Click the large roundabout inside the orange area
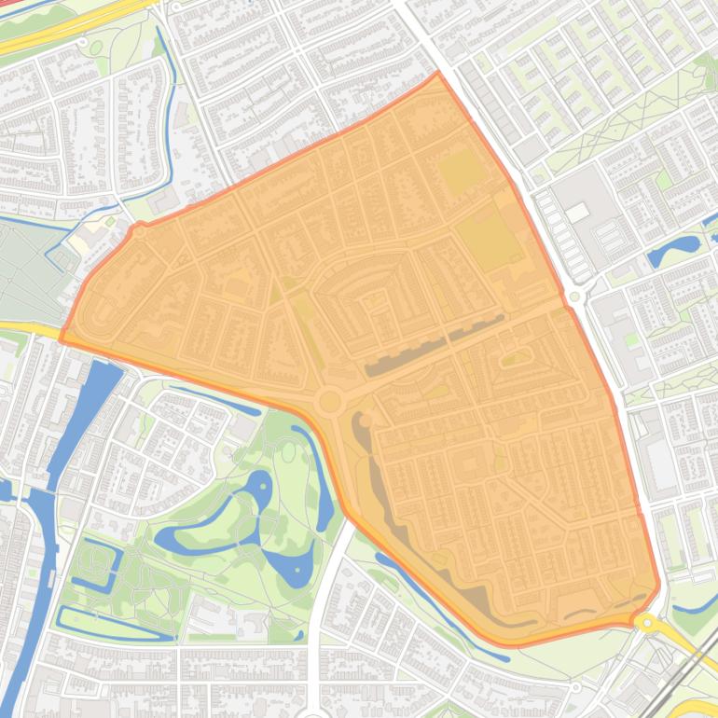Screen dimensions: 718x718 click(x=328, y=402)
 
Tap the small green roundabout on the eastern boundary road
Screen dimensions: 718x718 click(x=574, y=297)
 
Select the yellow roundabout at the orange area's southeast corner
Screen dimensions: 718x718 click(x=643, y=620)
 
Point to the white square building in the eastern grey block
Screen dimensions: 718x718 click(x=577, y=213)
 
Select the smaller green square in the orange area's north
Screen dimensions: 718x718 click(x=460, y=173)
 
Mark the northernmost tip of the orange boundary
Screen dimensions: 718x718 click(x=436, y=73)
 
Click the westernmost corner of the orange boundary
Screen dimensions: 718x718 click(x=62, y=340)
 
